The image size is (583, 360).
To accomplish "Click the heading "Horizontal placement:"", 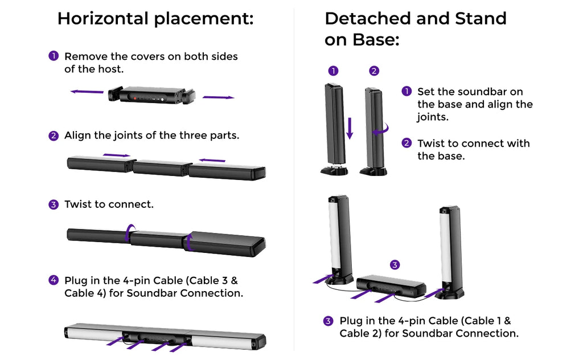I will [155, 19].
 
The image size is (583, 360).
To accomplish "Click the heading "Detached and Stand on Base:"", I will [415, 29].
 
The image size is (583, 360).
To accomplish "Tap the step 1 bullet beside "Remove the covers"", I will [54, 56].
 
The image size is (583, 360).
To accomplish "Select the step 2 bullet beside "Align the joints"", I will [54, 136].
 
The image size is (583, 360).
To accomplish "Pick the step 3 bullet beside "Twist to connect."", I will [54, 204].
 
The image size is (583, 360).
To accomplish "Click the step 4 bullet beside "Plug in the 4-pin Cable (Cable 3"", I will [54, 280].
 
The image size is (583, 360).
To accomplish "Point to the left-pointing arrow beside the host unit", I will [87, 91].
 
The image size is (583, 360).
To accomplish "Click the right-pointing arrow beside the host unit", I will [219, 97].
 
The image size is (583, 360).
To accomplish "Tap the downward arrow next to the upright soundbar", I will [350, 128].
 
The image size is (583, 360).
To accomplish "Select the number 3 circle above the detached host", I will [395, 264].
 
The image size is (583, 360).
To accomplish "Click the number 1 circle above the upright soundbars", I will [334, 71].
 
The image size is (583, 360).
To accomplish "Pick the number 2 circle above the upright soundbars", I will [373, 71].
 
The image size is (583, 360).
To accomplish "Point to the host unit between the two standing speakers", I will [391, 287].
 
